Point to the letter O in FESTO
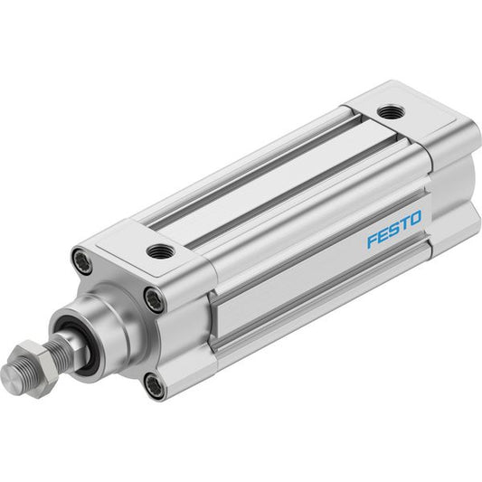tap(416, 218)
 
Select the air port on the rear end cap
tap(391, 111)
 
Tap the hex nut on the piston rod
tap(37, 369)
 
